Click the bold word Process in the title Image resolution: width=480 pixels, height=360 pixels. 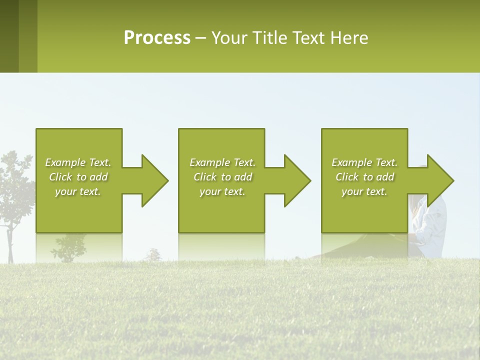click(x=157, y=38)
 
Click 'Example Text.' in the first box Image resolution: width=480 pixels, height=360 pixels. click(x=78, y=162)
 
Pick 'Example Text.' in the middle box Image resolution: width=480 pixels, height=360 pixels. click(x=222, y=162)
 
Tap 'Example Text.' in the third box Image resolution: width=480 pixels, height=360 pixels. click(x=364, y=162)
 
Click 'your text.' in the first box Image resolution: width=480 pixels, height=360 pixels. click(x=78, y=191)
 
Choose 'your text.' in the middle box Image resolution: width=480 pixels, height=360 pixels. click(x=222, y=191)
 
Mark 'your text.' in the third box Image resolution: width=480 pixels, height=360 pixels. click(x=364, y=191)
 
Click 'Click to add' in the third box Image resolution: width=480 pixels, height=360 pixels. click(x=364, y=177)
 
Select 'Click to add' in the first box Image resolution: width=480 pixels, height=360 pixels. click(x=78, y=177)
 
